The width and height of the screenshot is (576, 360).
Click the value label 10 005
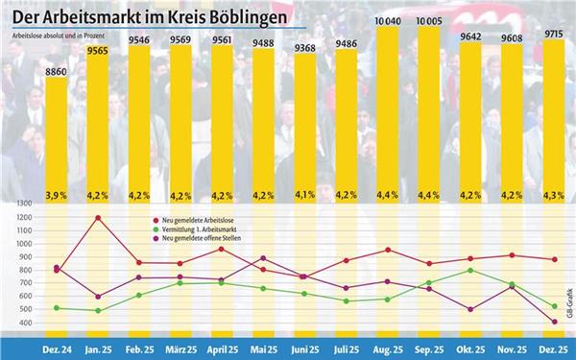coord(428,19)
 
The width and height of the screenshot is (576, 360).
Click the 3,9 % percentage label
coord(57,195)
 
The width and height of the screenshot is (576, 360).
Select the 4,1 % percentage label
coord(304,195)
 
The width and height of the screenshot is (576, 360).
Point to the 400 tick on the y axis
coord(27,324)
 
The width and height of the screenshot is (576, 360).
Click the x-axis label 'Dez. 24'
coord(57,349)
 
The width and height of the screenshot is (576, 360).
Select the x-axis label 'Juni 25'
coord(304,349)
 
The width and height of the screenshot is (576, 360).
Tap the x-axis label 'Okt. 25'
coord(469,349)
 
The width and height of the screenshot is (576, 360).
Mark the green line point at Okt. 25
coord(469,270)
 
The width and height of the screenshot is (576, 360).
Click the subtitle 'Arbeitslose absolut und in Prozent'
coord(58,35)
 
